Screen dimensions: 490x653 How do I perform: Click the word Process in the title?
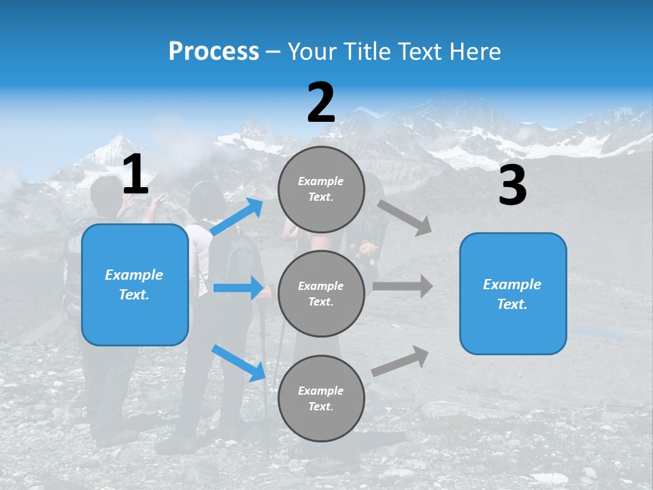(x=214, y=52)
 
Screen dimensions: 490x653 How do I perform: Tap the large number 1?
(x=135, y=175)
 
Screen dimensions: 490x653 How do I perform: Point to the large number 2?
(x=321, y=103)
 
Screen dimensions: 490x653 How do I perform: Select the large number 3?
(x=512, y=186)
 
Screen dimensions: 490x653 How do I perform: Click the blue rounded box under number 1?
(x=135, y=284)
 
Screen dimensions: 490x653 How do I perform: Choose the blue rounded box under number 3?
(x=513, y=294)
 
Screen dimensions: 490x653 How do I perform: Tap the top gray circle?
(x=321, y=189)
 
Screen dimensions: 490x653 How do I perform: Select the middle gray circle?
(x=321, y=293)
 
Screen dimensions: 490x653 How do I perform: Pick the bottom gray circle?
(x=321, y=398)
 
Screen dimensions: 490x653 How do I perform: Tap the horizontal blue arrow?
(x=239, y=288)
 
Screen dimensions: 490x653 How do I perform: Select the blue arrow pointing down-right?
(x=239, y=362)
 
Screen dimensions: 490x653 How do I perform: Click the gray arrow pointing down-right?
(x=405, y=218)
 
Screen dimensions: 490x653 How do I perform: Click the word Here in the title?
(x=475, y=52)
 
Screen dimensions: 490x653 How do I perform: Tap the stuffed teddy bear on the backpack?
(x=368, y=252)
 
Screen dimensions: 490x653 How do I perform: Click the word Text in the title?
(x=421, y=52)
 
